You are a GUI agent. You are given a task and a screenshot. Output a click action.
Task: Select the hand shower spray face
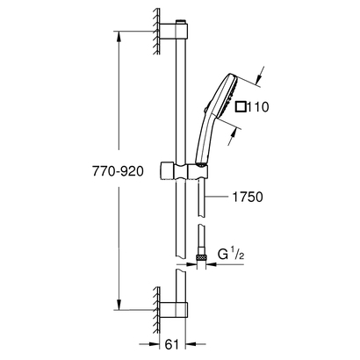click(227, 105)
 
